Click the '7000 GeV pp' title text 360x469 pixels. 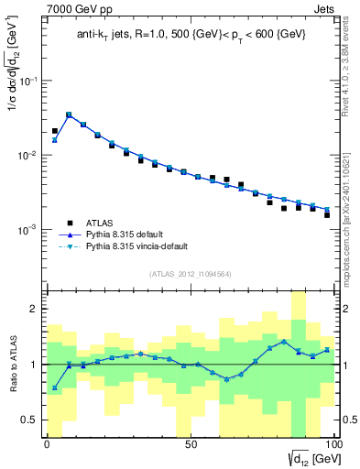click(x=76, y=8)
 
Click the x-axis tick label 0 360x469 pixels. click(x=47, y=444)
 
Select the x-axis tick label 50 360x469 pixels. click(x=191, y=444)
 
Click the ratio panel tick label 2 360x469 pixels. click(x=36, y=310)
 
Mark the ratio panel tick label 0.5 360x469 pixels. click(x=31, y=420)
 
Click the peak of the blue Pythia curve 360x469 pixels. click(x=69, y=115)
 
